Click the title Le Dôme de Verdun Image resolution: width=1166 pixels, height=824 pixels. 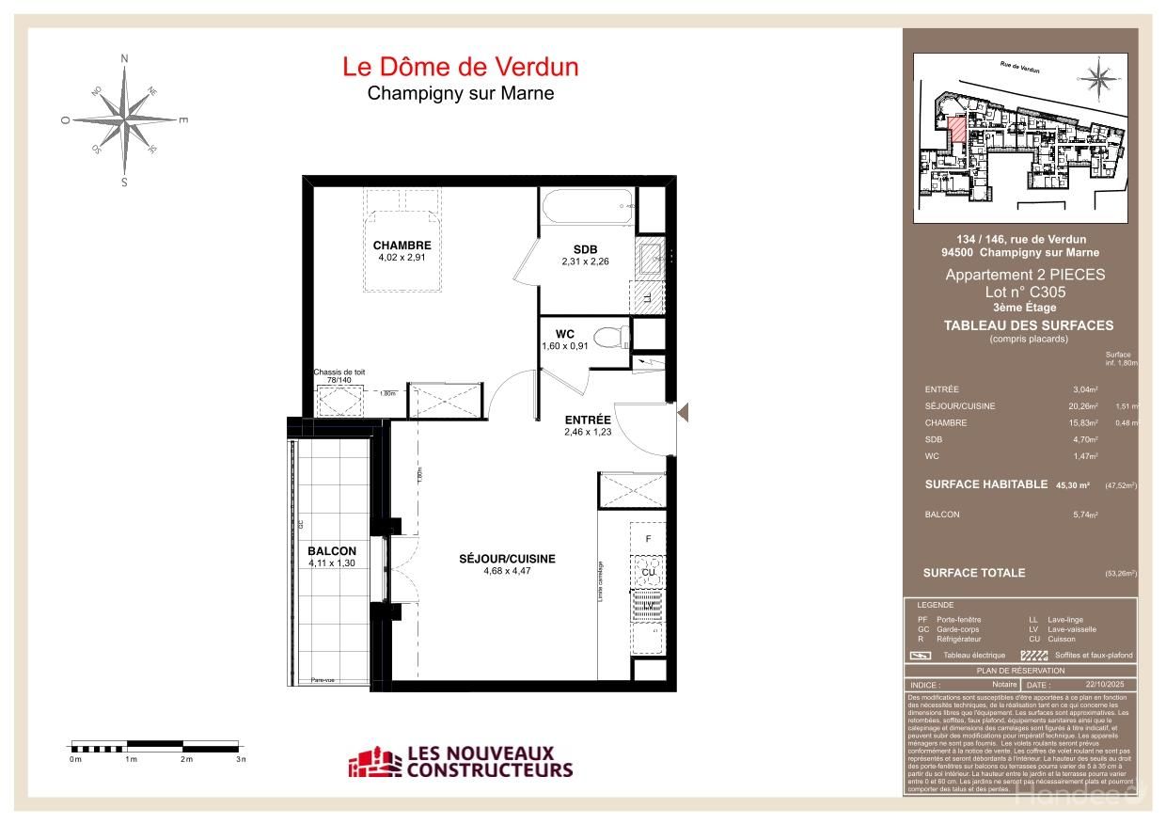(x=460, y=67)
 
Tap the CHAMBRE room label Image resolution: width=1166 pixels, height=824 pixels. (x=402, y=246)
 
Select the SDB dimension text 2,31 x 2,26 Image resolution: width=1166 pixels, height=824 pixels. (x=585, y=262)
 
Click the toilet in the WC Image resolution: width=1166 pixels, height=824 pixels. (x=613, y=336)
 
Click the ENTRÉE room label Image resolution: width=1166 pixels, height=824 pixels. (x=588, y=420)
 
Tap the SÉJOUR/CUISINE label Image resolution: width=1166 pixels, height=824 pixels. (x=507, y=559)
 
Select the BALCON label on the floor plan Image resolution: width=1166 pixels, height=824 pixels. (x=332, y=551)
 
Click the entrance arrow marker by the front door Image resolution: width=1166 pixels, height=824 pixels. (x=685, y=411)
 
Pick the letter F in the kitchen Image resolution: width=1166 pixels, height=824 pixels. (x=647, y=539)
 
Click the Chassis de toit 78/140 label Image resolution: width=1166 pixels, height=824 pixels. (x=339, y=376)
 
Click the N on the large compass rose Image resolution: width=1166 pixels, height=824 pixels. (x=124, y=58)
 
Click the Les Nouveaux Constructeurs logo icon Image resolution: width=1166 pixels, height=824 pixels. (x=373, y=763)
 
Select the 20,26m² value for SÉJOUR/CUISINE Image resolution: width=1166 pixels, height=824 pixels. (x=1085, y=406)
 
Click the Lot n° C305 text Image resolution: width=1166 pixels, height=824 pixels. (x=1025, y=293)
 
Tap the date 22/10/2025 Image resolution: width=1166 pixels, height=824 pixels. (x=1105, y=685)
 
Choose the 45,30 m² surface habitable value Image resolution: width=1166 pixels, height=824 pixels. (x=1072, y=485)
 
